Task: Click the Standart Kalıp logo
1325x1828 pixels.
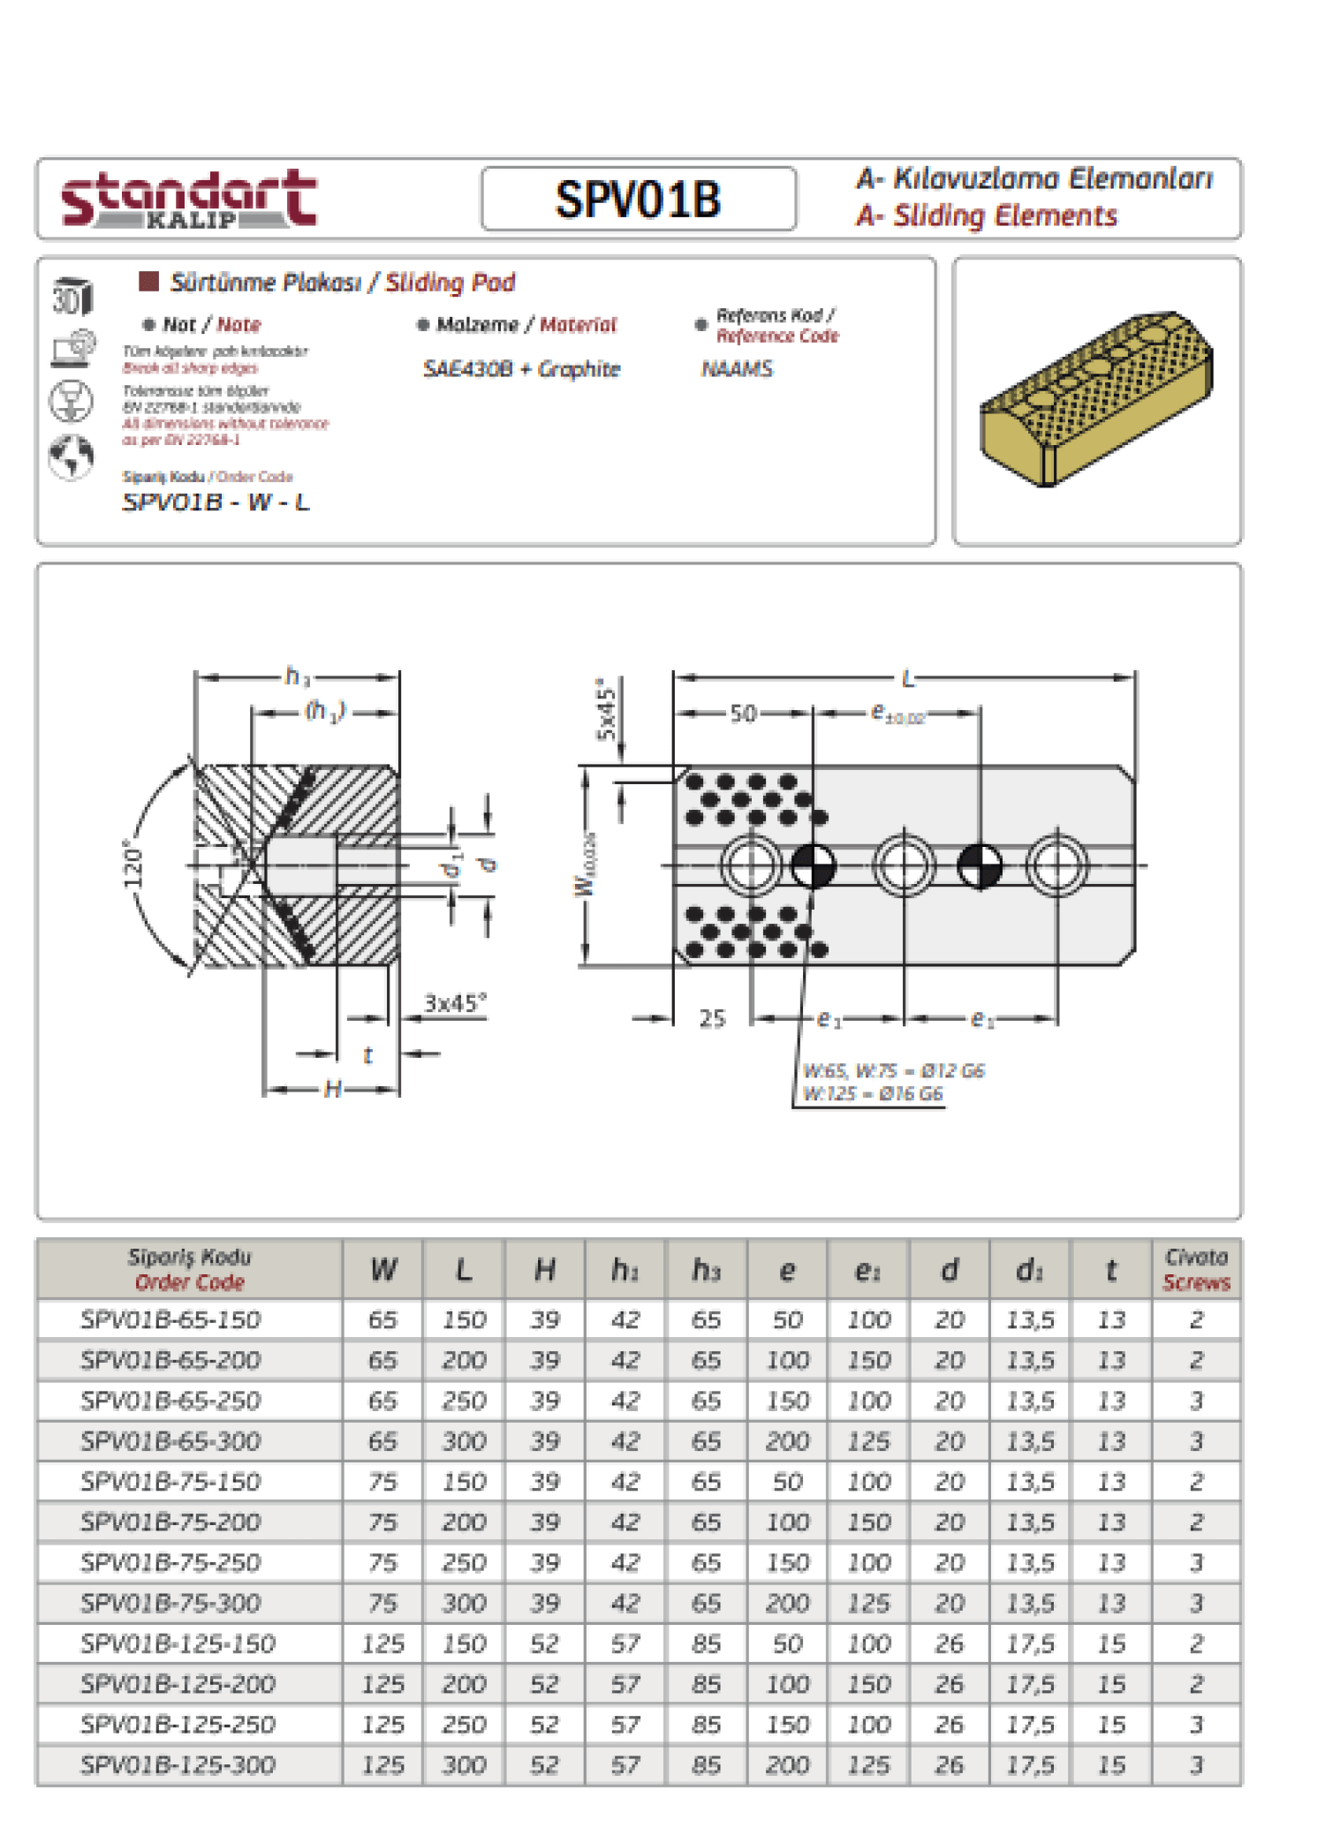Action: (188, 199)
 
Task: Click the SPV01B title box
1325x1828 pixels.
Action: (638, 199)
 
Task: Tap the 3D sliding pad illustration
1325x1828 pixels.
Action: (1096, 399)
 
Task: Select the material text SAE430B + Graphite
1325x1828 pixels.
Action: (521, 369)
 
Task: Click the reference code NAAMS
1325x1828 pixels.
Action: (737, 369)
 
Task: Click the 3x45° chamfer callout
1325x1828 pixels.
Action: (454, 1003)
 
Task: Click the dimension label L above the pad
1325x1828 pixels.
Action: (907, 679)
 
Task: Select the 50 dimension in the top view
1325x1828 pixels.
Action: (743, 714)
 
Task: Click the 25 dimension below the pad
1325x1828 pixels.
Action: (712, 1019)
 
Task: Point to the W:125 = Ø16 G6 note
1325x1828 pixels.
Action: (873, 1094)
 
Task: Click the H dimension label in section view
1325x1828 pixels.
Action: (332, 1089)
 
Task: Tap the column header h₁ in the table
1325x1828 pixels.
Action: (625, 1270)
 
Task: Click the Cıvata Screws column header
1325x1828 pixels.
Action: (1196, 1269)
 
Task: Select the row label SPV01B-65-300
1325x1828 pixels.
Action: (170, 1441)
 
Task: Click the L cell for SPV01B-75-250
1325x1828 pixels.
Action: (464, 1562)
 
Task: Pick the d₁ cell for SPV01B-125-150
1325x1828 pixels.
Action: (1030, 1643)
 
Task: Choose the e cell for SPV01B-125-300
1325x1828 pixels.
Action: (787, 1764)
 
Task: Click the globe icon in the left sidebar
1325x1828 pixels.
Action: (71, 457)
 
